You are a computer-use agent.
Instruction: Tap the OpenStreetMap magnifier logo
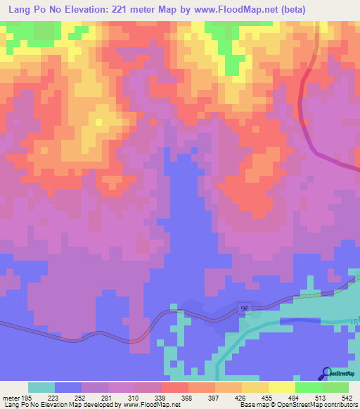tap(327, 373)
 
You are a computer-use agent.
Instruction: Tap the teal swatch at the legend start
tap(41, 387)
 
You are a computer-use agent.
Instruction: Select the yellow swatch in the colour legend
tap(281, 387)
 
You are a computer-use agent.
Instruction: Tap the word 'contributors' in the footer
tap(340, 405)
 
